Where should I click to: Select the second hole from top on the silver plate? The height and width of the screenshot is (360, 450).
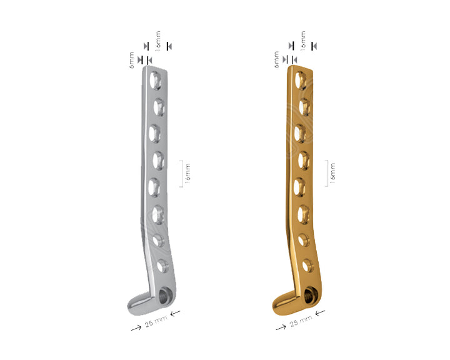pos(159,104)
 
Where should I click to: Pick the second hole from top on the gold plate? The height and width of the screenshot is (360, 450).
pos(304,104)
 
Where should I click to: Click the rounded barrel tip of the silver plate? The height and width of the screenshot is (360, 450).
pos(134,304)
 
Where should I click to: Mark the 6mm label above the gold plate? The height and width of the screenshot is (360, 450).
pos(277,60)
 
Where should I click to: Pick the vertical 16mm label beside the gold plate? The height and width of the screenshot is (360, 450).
pos(332,173)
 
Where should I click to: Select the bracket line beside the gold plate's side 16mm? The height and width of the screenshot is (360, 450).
pos(326,173)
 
